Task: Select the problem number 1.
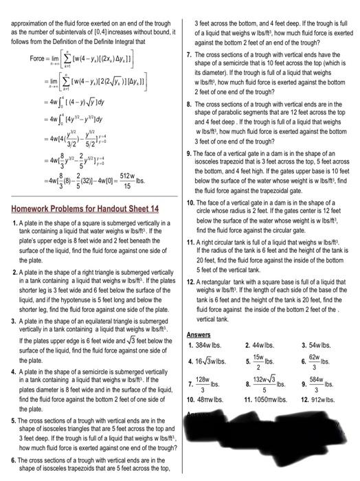point(14,224)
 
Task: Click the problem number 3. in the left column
point(14,321)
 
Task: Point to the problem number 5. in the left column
point(14,421)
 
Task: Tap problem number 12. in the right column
point(190,282)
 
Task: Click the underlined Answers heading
point(199,335)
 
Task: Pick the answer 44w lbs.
point(265,345)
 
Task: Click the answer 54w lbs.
point(320,345)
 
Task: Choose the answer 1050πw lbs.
point(269,399)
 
